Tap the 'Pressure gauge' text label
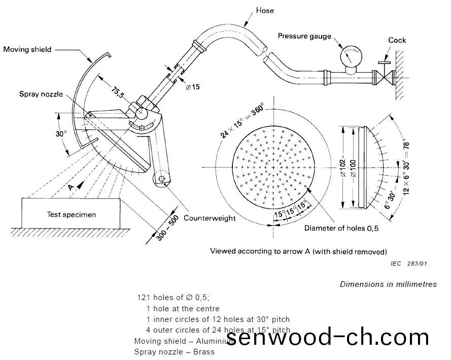(x=304, y=36)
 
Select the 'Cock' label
(x=397, y=40)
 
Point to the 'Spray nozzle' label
(x=41, y=94)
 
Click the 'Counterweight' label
(x=210, y=218)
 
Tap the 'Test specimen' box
(x=71, y=214)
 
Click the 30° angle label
(x=61, y=134)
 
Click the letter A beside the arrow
(x=72, y=187)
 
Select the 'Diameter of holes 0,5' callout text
(x=341, y=228)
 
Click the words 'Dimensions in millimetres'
(x=388, y=284)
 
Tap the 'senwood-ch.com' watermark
(x=327, y=337)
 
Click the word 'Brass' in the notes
(x=204, y=351)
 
